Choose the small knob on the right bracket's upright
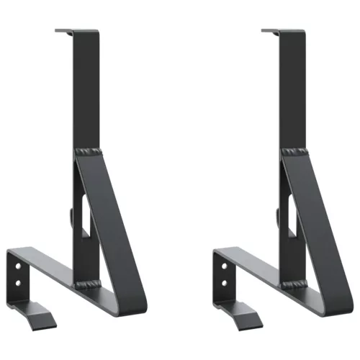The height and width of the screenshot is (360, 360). pyautogui.click(x=277, y=215)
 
